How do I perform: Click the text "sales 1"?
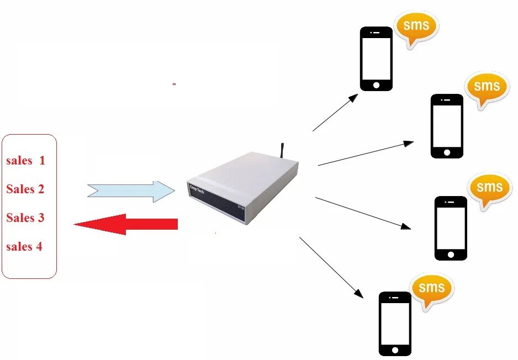(x=25, y=161)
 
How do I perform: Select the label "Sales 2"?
(x=25, y=189)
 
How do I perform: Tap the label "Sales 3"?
(x=25, y=218)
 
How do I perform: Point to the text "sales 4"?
(x=24, y=246)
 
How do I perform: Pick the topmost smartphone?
(x=376, y=59)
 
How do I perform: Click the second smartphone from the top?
(x=447, y=126)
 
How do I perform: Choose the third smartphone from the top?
(x=451, y=228)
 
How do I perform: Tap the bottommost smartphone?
(x=395, y=324)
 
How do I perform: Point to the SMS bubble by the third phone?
(x=489, y=188)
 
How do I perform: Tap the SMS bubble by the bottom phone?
(x=431, y=289)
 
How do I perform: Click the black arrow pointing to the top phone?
(x=335, y=113)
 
